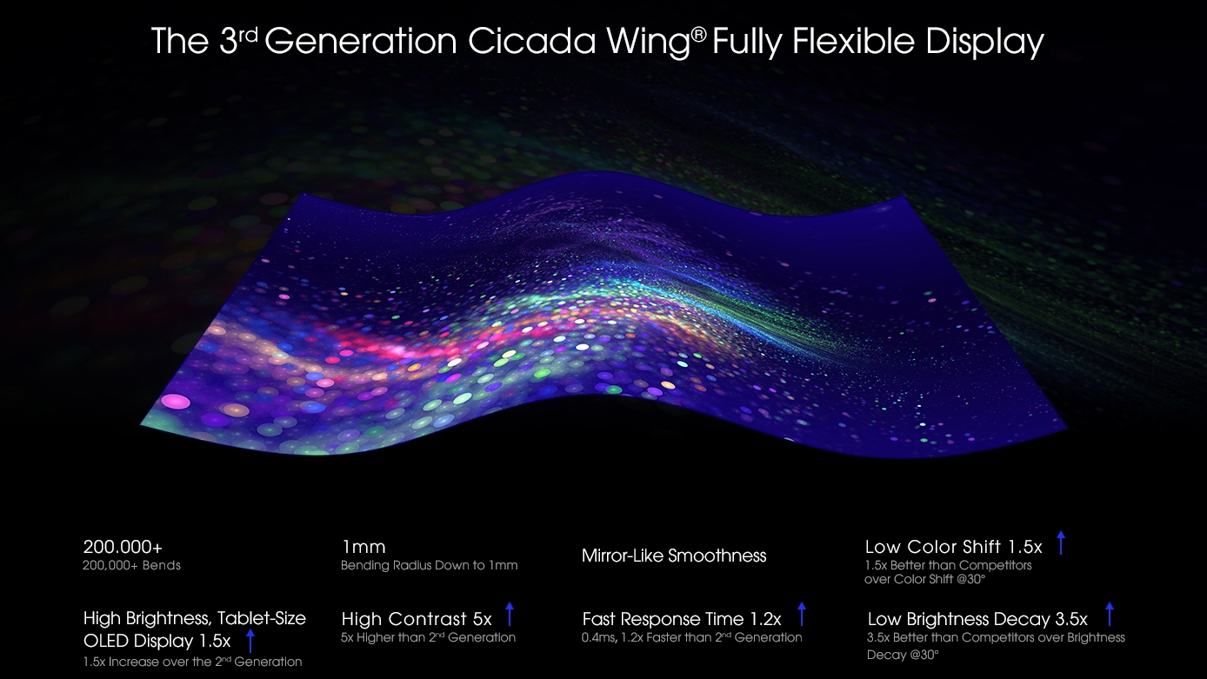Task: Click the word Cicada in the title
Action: (532, 41)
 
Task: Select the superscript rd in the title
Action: (248, 36)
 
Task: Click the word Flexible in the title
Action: (854, 41)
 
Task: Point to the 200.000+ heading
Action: (123, 547)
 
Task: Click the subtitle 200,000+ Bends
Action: (131, 565)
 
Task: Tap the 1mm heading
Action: (363, 547)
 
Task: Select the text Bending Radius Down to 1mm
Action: (429, 565)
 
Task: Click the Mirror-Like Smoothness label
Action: (674, 556)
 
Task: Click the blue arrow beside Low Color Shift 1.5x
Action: (1060, 543)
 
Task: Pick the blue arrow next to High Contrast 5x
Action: (510, 615)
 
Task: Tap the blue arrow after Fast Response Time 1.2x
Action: (801, 615)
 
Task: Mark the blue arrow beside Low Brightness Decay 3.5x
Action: (1109, 615)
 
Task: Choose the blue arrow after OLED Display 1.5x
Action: (250, 641)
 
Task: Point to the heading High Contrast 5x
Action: (417, 619)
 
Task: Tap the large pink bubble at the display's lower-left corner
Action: (176, 402)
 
